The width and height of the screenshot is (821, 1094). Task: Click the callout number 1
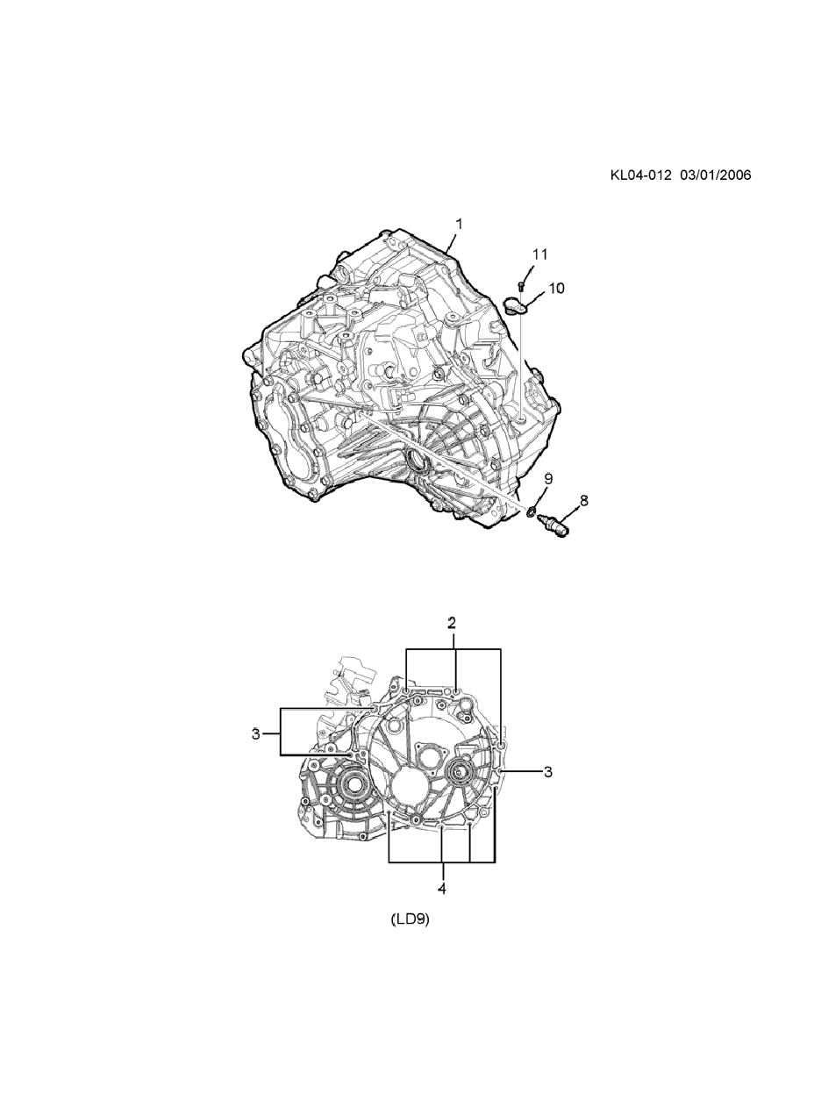[459, 225]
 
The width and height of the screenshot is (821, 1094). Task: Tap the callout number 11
[539, 254]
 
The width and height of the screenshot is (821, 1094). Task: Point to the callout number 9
[548, 479]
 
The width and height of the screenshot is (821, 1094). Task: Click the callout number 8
[584, 500]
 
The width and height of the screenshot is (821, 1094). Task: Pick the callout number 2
[452, 623]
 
